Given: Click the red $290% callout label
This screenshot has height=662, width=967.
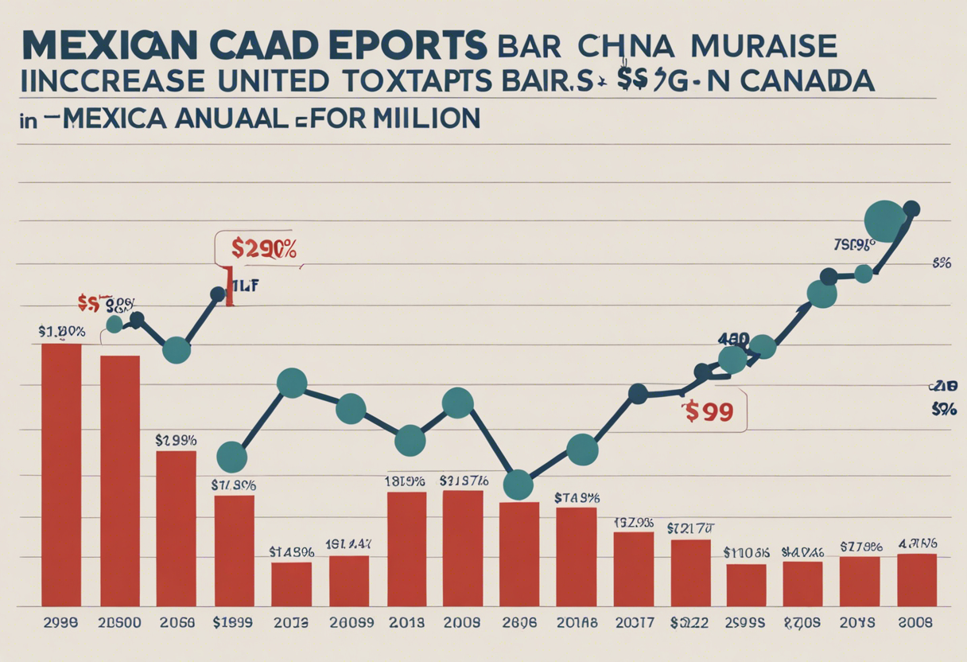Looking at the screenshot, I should [x=263, y=249].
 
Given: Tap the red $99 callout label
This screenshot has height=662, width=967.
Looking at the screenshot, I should [x=707, y=412].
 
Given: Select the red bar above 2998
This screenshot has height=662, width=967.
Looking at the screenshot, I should [x=61, y=474].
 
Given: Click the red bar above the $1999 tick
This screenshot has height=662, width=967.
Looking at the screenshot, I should [x=234, y=551].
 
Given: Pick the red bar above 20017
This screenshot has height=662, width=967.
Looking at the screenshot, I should [x=633, y=569].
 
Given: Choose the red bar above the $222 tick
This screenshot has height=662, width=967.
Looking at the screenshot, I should [x=690, y=573].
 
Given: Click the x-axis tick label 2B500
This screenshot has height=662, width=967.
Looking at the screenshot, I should [x=120, y=624].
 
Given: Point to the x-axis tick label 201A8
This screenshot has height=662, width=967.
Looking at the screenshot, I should [x=576, y=624].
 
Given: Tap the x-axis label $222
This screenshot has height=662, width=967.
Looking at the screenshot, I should [x=689, y=624].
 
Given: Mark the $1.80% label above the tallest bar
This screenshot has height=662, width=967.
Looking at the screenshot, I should [x=61, y=330].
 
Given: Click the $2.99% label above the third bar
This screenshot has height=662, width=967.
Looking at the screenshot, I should [x=176, y=439].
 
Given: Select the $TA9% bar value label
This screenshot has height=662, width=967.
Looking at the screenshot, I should [x=577, y=497].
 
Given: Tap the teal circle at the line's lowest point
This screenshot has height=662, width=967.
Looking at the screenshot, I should [x=518, y=484].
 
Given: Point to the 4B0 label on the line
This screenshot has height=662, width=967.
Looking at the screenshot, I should [x=732, y=340].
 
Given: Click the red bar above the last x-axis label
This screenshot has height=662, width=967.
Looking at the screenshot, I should [x=917, y=580].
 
